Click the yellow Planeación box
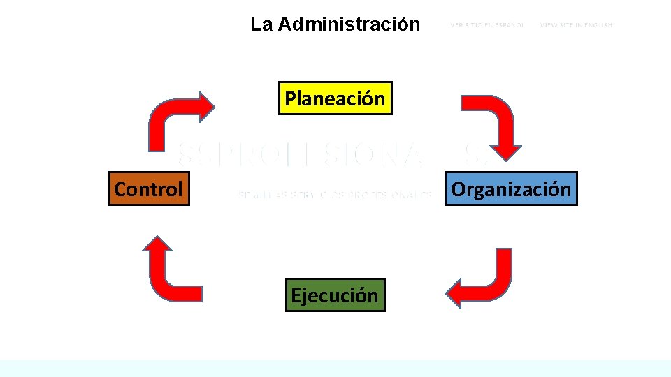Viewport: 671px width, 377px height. (x=335, y=98)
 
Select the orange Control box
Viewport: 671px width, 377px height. (x=149, y=188)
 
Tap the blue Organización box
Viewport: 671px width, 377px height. (x=511, y=188)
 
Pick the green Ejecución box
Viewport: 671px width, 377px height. (x=335, y=295)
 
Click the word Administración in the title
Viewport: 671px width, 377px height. (x=349, y=24)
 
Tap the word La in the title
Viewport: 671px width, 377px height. (x=261, y=24)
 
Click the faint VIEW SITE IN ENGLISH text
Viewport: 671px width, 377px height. (x=576, y=25)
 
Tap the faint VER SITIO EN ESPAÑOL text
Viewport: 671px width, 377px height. (x=487, y=25)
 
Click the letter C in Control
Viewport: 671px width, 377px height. (x=121, y=189)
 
